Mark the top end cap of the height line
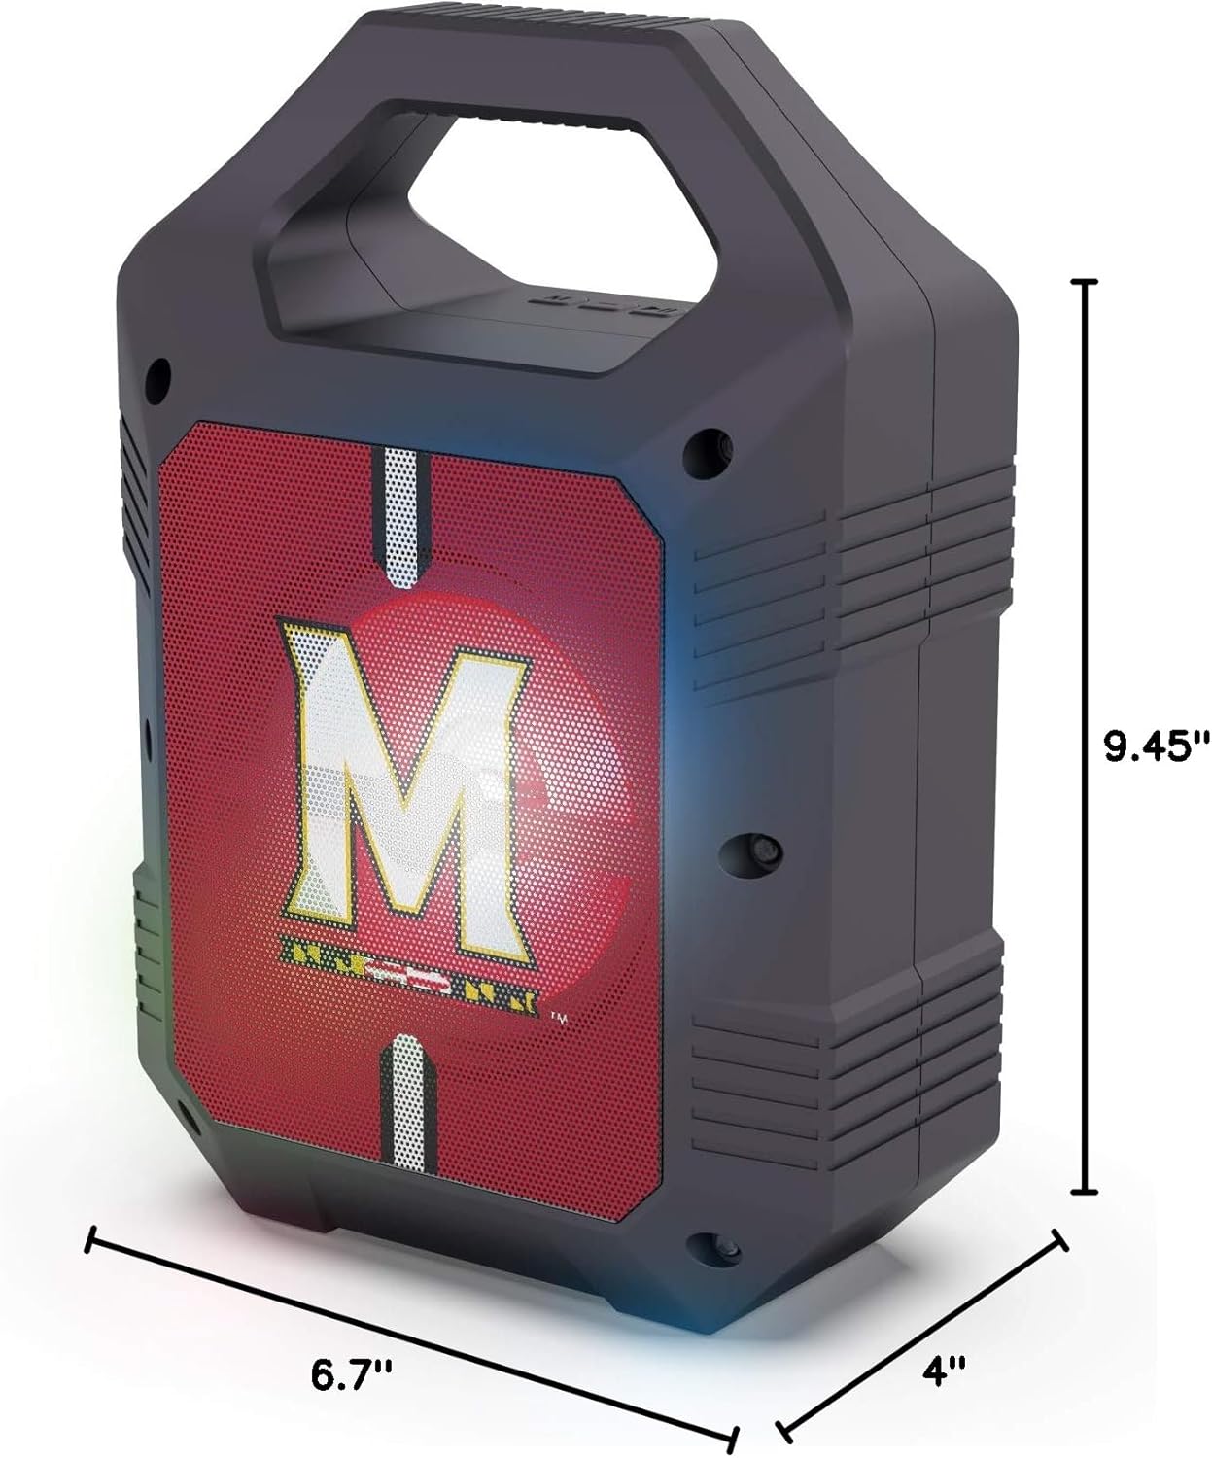(x=1084, y=281)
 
